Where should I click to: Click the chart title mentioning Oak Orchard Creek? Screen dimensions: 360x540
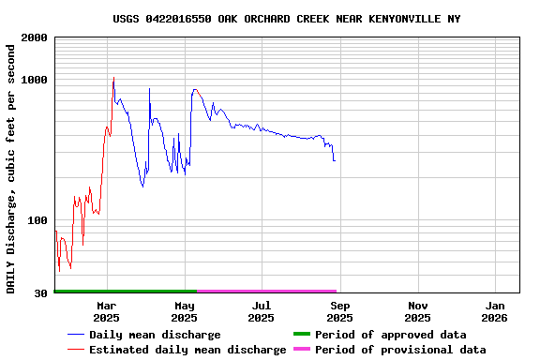[x=287, y=19]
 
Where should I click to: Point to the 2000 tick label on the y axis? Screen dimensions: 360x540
[x=34, y=37]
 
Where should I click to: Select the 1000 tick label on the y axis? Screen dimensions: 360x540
[x=34, y=81]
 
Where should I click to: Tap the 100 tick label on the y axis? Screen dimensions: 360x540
[x=37, y=220]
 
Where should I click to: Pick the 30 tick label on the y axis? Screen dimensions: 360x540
[x=41, y=293]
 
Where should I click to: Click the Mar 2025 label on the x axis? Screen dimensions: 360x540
[x=106, y=311]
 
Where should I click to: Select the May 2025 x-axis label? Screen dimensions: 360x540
[x=185, y=311]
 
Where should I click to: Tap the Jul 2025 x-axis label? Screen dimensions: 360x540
[x=262, y=311]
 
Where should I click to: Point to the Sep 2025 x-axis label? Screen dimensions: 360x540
[x=340, y=311]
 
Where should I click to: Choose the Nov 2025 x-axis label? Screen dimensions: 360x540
[x=418, y=311]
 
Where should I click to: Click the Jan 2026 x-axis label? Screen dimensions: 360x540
[x=495, y=311]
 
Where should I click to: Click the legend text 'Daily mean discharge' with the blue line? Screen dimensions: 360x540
[x=155, y=335]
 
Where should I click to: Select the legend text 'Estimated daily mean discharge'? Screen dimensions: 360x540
[x=187, y=350]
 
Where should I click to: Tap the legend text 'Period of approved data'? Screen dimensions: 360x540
[x=390, y=335]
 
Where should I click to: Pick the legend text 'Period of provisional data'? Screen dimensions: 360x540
[x=400, y=350]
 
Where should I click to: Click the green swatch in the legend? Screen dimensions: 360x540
[x=302, y=335]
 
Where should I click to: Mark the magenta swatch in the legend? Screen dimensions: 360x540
[x=302, y=350]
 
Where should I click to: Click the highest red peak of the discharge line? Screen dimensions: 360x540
[x=113, y=79]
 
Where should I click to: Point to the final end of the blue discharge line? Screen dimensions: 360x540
[x=334, y=160]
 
